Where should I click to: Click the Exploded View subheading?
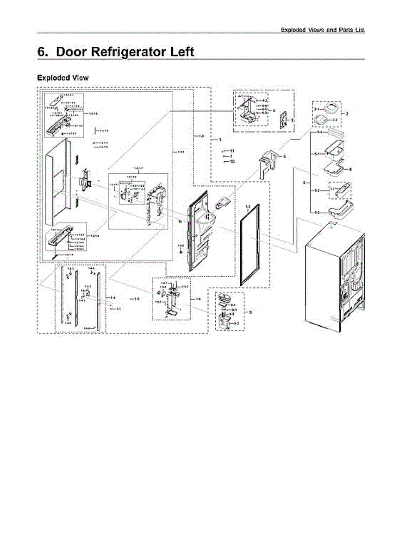click(62, 77)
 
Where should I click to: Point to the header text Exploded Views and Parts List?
click(323, 30)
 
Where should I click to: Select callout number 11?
click(232, 151)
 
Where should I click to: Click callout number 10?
click(232, 161)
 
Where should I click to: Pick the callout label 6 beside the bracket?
click(285, 157)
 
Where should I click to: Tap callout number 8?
click(350, 170)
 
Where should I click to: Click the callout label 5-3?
click(318, 212)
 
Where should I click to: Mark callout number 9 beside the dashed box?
click(250, 312)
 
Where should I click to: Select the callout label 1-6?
click(198, 299)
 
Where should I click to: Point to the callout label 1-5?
click(137, 299)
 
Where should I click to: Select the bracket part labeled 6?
click(268, 162)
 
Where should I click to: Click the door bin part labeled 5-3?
click(341, 211)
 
